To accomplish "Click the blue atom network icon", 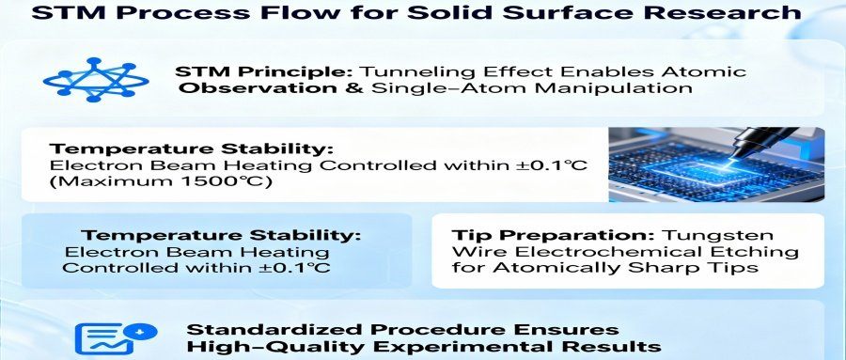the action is click(96, 79).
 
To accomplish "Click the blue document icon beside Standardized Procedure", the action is click(116, 337).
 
